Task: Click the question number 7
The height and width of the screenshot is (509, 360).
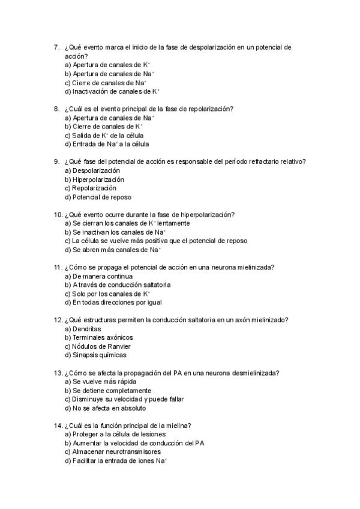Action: [56, 47]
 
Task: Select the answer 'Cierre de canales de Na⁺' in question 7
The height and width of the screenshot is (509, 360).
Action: [105, 83]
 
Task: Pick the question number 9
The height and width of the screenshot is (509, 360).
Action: [56, 161]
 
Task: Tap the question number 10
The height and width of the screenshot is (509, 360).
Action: [58, 214]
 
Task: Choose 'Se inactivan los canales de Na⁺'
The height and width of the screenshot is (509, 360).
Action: [115, 232]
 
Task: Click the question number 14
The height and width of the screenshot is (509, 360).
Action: [58, 426]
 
